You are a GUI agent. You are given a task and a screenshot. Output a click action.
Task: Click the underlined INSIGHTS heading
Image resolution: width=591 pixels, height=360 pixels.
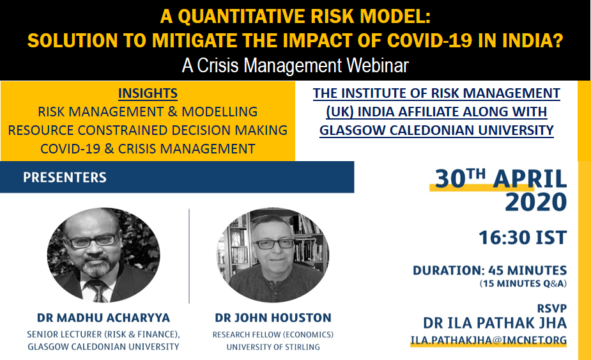coord(148,93)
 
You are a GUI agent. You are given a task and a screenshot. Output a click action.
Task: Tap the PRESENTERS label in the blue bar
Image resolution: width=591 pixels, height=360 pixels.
coord(65,177)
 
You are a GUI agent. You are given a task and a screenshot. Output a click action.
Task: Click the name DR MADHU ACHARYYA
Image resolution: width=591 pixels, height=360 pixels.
coord(104,318)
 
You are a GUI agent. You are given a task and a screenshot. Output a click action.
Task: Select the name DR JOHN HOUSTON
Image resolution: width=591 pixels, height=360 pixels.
coord(273,318)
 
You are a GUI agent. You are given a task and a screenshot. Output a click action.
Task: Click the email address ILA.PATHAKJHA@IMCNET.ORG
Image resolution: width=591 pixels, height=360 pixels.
coord(489,340)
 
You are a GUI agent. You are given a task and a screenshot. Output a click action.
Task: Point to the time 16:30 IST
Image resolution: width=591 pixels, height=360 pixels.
coord(523,238)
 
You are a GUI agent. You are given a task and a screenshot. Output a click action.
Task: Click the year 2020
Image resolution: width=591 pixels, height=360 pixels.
coord(535,202)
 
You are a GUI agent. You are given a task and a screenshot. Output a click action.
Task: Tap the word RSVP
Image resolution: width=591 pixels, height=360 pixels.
coord(552,308)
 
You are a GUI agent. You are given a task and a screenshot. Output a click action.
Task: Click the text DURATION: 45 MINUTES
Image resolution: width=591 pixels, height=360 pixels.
coord(489,270)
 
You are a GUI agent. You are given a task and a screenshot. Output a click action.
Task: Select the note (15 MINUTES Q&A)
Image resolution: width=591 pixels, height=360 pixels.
coord(523,283)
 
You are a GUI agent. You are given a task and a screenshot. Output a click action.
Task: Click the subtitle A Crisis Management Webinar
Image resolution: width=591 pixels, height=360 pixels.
coord(295,65)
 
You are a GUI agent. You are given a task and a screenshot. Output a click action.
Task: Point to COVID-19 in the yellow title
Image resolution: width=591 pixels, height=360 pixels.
coord(429,40)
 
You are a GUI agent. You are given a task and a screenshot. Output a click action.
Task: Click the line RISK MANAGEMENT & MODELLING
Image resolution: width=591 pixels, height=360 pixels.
coord(148,112)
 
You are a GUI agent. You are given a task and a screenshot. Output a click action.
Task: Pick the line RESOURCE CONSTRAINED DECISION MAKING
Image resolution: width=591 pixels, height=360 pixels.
coord(148,130)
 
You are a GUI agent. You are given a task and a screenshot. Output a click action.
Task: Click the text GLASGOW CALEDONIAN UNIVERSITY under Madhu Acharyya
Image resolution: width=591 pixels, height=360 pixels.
coord(104,347)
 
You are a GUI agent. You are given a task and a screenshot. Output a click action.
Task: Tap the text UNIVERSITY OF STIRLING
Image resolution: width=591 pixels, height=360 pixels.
coord(273,347)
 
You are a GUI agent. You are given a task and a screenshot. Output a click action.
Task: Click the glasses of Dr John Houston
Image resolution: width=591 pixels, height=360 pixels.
coord(275,244)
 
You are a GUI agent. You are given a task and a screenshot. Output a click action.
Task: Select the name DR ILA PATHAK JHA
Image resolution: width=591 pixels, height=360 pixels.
coord(495,323)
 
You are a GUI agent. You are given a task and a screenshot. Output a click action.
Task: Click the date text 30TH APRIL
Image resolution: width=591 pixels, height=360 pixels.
coord(501,178)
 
